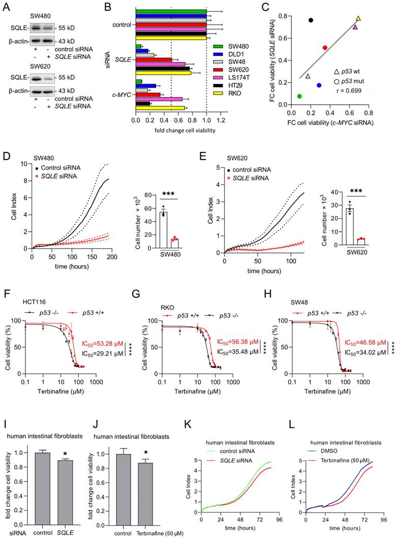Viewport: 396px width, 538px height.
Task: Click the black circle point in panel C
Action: (311, 20)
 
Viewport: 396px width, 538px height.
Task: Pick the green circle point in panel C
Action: (299, 96)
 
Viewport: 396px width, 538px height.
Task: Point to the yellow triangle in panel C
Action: (358, 19)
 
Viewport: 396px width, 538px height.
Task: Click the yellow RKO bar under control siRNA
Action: (171, 38)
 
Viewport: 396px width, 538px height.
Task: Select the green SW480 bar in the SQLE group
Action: (138, 47)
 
